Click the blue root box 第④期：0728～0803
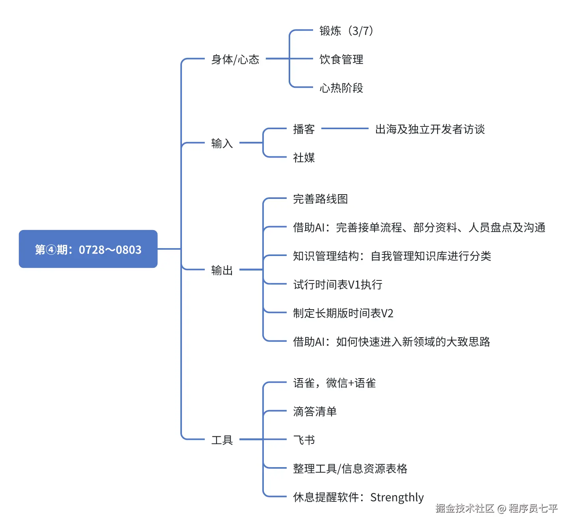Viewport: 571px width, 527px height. pyautogui.click(x=88, y=249)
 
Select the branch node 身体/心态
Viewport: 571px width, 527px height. pyautogui.click(x=235, y=59)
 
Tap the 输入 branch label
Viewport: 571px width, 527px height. pyautogui.click(x=222, y=143)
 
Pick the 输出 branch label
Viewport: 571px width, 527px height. pyautogui.click(x=222, y=270)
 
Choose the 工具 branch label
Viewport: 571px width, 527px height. pyautogui.click(x=222, y=440)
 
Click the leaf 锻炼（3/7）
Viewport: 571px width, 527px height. pyautogui.click(x=346, y=31)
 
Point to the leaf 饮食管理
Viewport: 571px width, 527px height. pyautogui.click(x=341, y=59)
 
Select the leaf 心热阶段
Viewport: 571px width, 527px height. pyautogui.click(x=341, y=88)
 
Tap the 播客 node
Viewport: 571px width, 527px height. pyautogui.click(x=304, y=129)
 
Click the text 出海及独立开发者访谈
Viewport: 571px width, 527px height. pyautogui.click(x=430, y=129)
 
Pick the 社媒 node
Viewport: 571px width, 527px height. pyautogui.click(x=304, y=158)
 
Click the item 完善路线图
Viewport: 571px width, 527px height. pyautogui.click(x=320, y=199)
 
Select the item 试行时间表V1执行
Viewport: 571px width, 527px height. pyautogui.click(x=337, y=284)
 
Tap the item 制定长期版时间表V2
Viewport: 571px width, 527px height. pyautogui.click(x=343, y=313)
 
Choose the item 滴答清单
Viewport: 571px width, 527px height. pyautogui.click(x=315, y=412)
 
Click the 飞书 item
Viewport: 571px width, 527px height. pyautogui.click(x=304, y=440)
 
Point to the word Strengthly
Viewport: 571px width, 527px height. pyautogui.click(x=397, y=497)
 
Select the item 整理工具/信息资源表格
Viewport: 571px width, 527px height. pyautogui.click(x=350, y=469)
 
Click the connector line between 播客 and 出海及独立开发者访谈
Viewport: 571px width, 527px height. pyautogui.click(x=345, y=128)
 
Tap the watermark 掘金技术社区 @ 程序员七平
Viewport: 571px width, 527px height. pyautogui.click(x=497, y=508)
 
